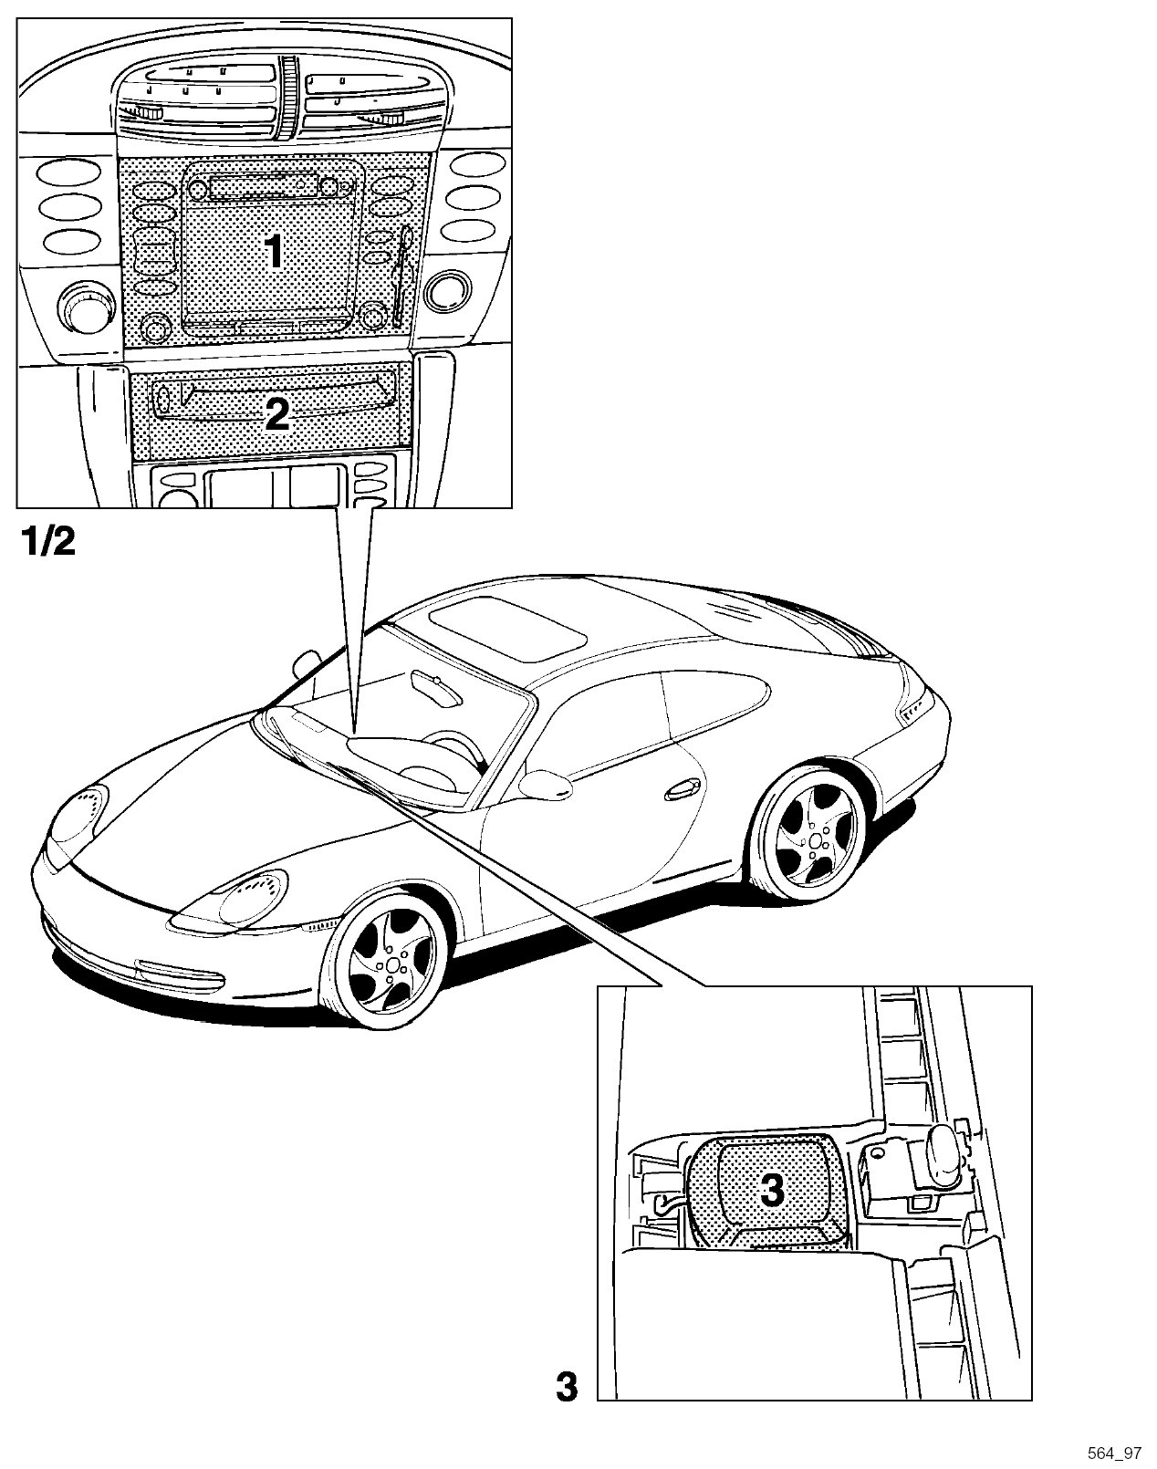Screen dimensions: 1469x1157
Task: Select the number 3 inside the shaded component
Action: (771, 1189)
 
